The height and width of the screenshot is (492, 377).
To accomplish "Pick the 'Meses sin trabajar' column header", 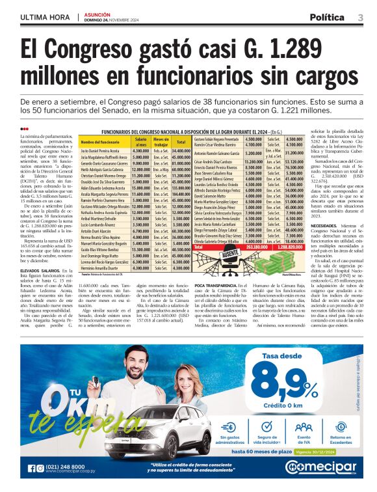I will coord(161,141).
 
